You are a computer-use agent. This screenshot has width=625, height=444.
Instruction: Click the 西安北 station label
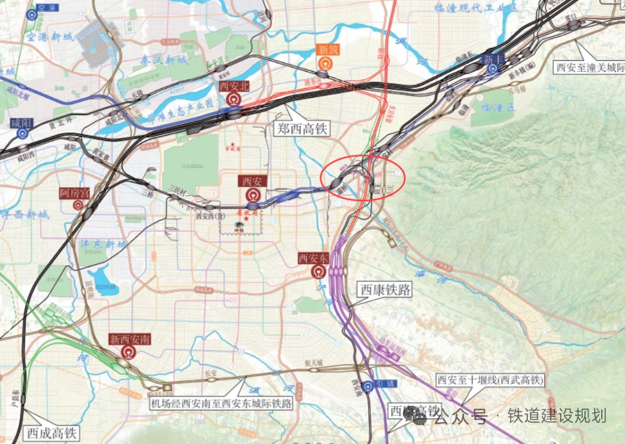[x=234, y=86]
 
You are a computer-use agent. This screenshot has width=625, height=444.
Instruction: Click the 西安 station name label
[x=252, y=182]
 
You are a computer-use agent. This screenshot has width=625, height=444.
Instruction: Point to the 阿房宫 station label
[x=75, y=193]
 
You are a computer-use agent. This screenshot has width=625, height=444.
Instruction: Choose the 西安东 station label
[x=314, y=258]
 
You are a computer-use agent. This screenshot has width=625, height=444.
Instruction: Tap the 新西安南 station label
[x=130, y=339]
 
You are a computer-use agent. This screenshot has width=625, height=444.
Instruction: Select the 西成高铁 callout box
[x=52, y=432]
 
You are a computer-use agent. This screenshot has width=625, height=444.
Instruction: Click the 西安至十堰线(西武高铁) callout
[x=491, y=380]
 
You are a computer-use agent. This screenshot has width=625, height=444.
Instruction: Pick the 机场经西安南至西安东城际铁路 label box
[x=221, y=403]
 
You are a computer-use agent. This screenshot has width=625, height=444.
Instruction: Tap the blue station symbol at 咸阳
[x=22, y=134]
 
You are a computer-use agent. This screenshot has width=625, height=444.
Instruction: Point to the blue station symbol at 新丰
[x=492, y=69]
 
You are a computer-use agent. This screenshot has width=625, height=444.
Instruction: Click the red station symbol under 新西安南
[x=128, y=352]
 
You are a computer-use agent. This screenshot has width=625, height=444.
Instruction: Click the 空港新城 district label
[x=50, y=36]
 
